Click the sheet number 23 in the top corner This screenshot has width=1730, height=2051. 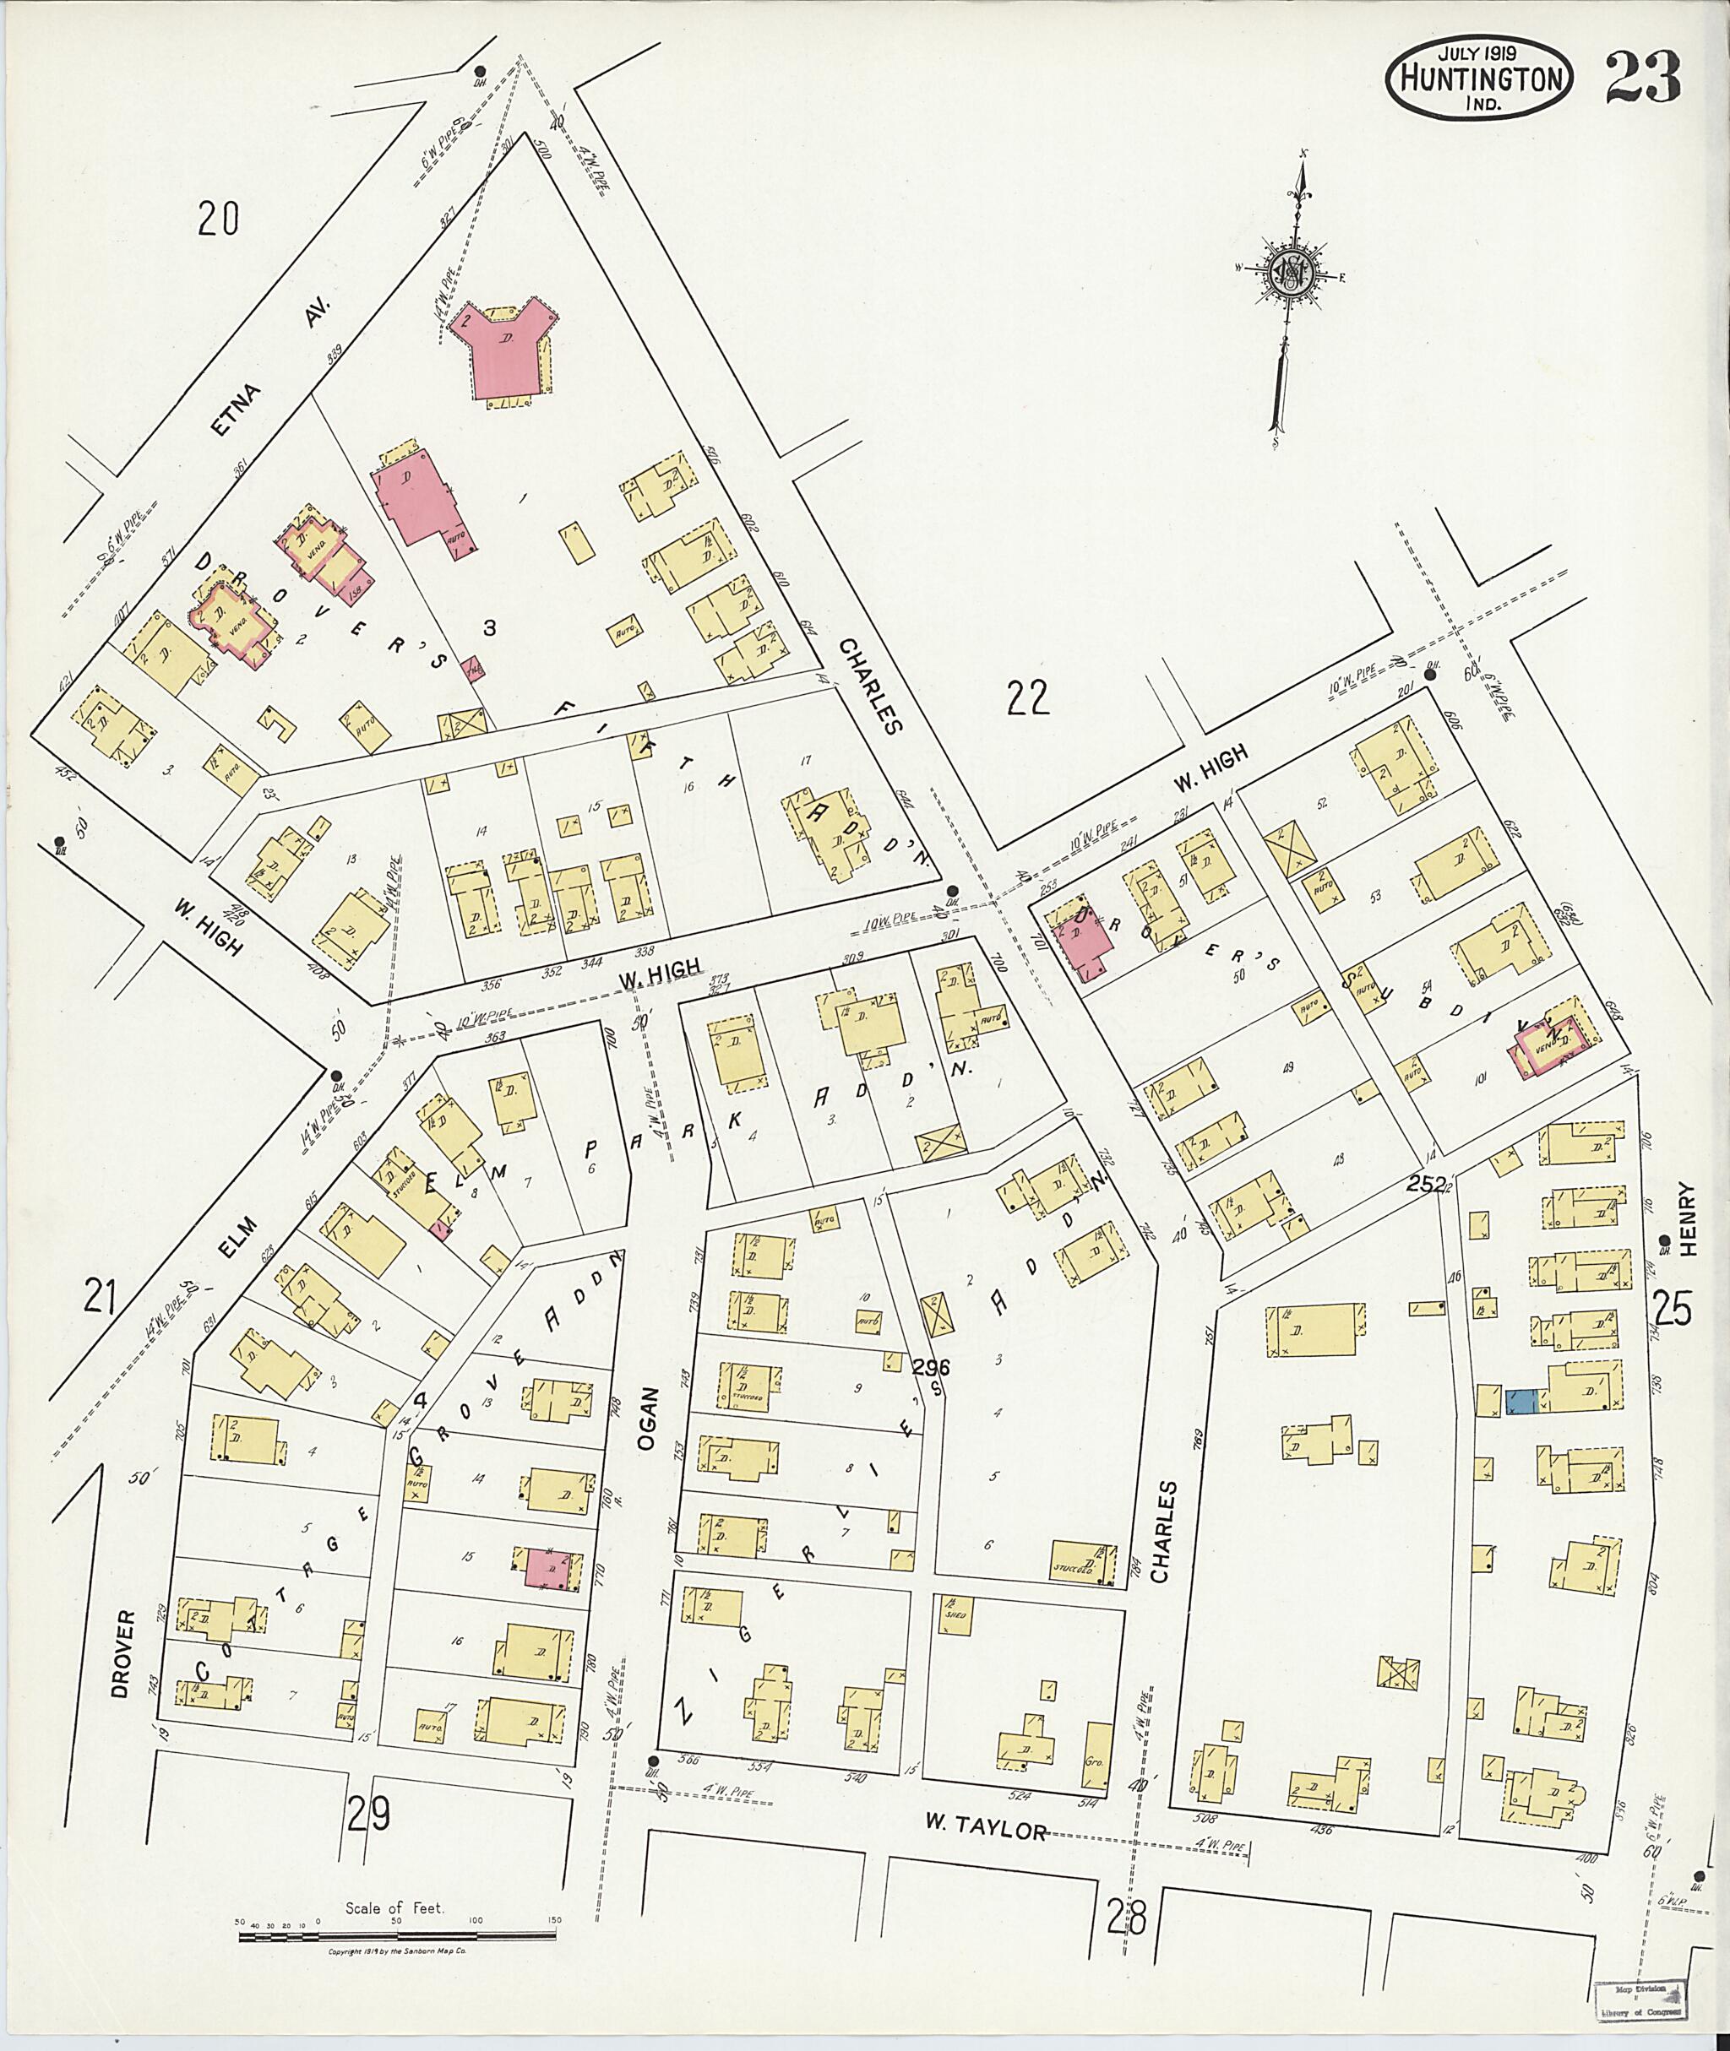click(1645, 79)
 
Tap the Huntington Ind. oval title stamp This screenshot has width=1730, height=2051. click(1480, 80)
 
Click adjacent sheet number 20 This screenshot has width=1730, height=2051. click(218, 218)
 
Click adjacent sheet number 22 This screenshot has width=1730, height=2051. click(1028, 698)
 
